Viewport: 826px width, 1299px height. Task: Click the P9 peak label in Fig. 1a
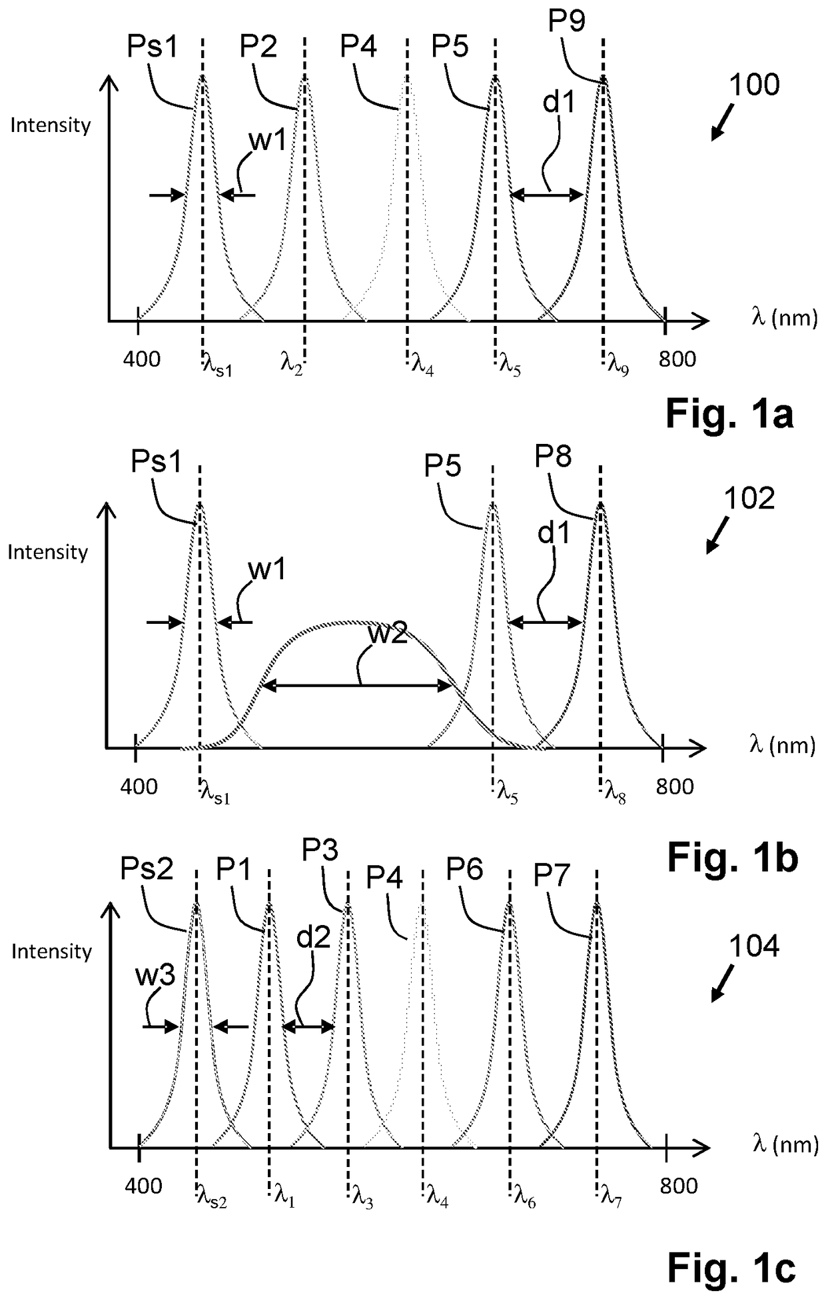coord(566,22)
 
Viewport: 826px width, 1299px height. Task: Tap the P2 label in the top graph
coord(258,47)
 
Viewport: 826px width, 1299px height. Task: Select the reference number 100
coord(754,86)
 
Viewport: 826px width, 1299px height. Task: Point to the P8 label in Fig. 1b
coord(553,458)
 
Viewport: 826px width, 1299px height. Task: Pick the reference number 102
coord(750,499)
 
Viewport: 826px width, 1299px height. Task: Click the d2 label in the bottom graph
coord(313,938)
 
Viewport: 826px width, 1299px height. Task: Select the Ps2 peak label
coord(147,869)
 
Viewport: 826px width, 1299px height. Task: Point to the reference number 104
coord(754,946)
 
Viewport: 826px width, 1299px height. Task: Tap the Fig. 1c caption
coord(731,1268)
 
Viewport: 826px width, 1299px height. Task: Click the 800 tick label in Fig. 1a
coord(677,360)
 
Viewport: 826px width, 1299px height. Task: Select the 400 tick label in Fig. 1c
coord(143,1186)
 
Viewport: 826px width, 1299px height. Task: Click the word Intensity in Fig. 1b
coord(48,552)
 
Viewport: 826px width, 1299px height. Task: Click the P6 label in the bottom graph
coord(464,869)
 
